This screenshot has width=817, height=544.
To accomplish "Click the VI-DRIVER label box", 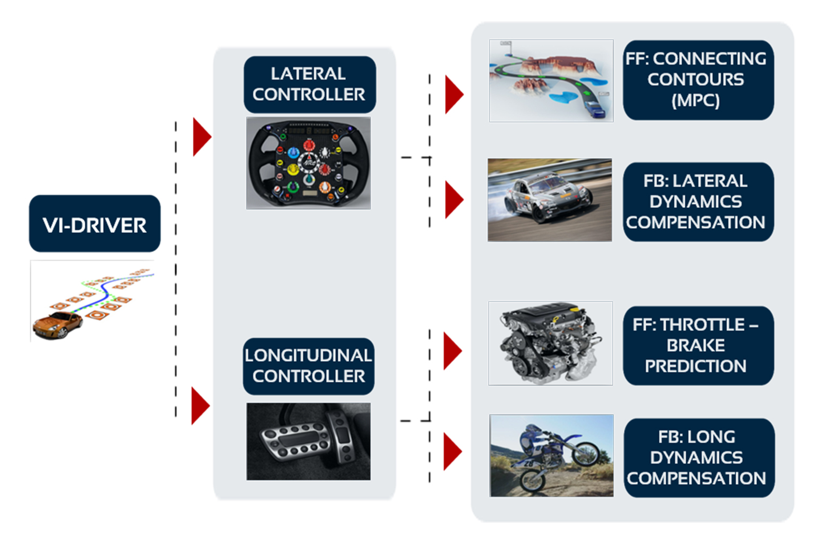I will [x=94, y=224].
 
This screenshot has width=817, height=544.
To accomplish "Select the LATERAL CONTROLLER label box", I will [x=309, y=84].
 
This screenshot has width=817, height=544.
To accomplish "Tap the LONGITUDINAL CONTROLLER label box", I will [x=309, y=366].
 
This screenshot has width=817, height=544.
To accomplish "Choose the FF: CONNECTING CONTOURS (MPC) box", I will [x=698, y=80].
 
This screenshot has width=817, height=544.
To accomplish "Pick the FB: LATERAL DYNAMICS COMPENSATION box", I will [x=698, y=202].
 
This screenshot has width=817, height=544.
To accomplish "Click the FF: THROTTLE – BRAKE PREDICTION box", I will [x=698, y=346].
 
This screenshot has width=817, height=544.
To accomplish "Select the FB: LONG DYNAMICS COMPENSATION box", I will [x=699, y=458].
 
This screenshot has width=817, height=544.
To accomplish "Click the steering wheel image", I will [x=309, y=163].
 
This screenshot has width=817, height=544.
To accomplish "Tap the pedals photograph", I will [x=309, y=441].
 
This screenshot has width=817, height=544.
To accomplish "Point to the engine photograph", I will [x=551, y=343].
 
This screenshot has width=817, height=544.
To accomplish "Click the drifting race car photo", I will [x=550, y=200].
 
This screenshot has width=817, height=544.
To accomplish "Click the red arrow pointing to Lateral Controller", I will [x=201, y=137].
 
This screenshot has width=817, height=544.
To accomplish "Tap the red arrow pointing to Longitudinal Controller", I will [x=200, y=405].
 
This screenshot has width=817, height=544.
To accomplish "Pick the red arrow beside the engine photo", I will [x=452, y=351].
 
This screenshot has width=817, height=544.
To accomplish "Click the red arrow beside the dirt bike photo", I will [x=452, y=451].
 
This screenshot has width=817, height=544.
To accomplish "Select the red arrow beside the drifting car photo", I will [x=454, y=199].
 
